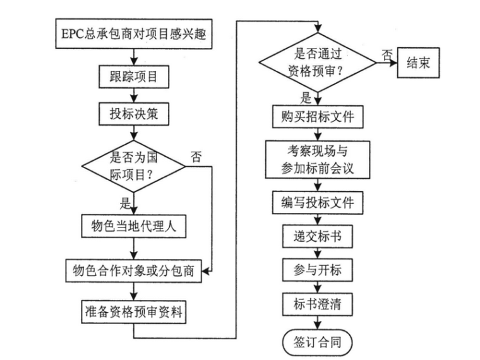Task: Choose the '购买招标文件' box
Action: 319,117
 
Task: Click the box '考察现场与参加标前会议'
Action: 319,160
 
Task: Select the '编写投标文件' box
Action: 319,203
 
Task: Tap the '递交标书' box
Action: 319,237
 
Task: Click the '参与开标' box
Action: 319,271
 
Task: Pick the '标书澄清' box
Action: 319,305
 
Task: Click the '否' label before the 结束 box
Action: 385,55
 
